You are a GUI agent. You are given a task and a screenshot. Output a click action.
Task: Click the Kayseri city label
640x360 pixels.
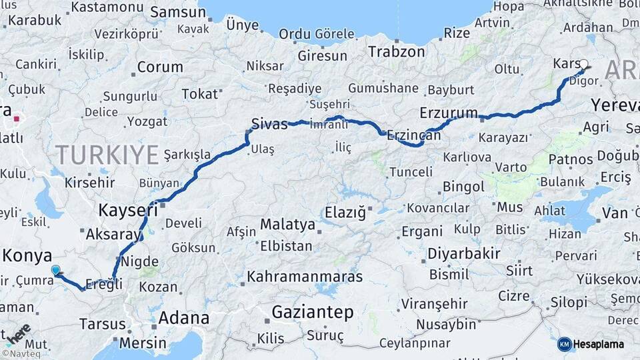pyautogui.click(x=128, y=211)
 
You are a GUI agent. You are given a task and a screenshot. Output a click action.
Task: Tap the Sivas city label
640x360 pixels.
pyautogui.click(x=269, y=123)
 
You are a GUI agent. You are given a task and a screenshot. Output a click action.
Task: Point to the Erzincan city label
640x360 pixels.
pyautogui.click(x=414, y=135)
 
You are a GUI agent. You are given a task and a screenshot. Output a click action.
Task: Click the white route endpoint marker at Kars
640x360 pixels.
pyautogui.click(x=584, y=65)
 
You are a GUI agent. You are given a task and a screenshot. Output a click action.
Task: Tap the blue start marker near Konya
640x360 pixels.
pyautogui.click(x=55, y=270)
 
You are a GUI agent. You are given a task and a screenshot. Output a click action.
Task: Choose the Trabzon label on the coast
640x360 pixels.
pyautogui.click(x=396, y=51)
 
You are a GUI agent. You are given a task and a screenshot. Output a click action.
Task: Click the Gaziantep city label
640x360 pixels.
pyautogui.click(x=313, y=312)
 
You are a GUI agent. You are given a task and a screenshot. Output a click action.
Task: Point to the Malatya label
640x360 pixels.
pyautogui.click(x=287, y=225)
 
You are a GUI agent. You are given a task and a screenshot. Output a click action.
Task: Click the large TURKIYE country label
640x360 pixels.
pyautogui.click(x=107, y=155)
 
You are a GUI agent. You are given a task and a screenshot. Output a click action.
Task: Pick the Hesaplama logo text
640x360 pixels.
pyautogui.click(x=598, y=345)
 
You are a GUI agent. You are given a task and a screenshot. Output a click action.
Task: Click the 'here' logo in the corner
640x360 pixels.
pyautogui.click(x=17, y=334)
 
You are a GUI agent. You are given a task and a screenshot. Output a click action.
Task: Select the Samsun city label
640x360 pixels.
pyautogui.click(x=178, y=12)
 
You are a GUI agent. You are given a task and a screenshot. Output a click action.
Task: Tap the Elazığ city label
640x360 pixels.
pyautogui.click(x=345, y=213)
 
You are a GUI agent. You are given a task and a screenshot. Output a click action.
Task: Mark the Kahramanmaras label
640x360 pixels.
pyautogui.click(x=305, y=276)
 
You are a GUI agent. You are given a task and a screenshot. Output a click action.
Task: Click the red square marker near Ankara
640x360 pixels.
pyautogui.click(x=15, y=120)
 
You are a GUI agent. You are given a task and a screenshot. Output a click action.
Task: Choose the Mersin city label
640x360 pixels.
pyautogui.click(x=143, y=343)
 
